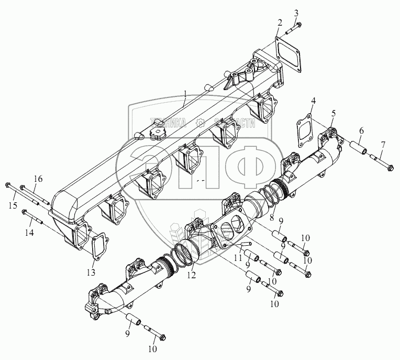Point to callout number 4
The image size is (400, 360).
click(x=313, y=100)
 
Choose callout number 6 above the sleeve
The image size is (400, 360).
click(x=362, y=130)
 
